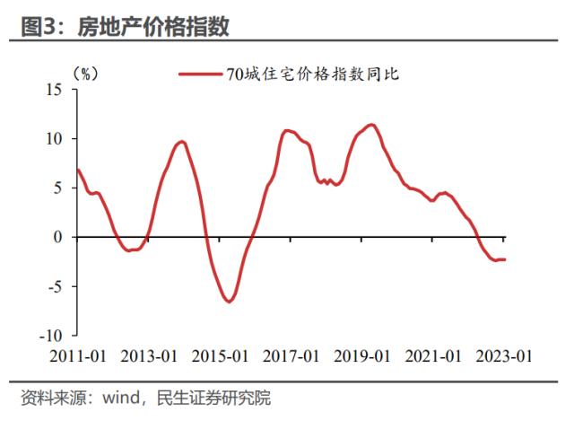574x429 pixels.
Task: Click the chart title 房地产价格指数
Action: [x=153, y=27]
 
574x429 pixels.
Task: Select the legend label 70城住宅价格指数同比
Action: [x=312, y=75]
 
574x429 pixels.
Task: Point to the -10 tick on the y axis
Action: [x=50, y=336]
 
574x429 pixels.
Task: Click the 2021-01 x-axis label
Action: [x=433, y=355]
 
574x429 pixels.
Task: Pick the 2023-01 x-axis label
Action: [x=504, y=355]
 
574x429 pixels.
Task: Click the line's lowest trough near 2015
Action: [x=229, y=302]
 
